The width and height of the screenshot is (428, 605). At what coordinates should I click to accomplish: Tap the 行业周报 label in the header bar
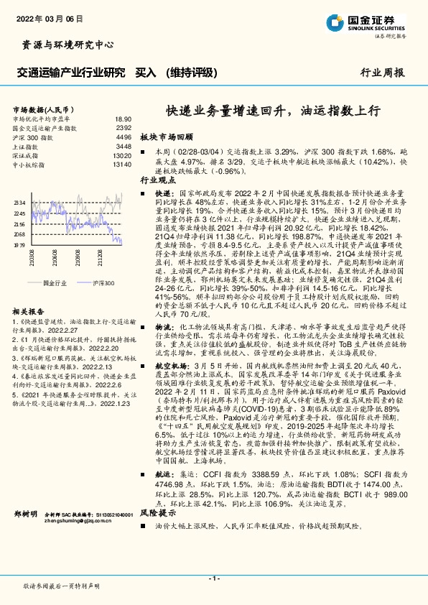(x=381, y=72)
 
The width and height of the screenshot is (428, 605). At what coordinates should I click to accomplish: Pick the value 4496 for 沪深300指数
(x=124, y=137)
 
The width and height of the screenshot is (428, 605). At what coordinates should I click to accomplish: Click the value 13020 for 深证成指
(x=122, y=155)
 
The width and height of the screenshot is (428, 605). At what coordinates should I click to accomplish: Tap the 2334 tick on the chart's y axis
(x=19, y=203)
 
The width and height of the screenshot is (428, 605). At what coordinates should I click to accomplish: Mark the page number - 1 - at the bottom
(x=214, y=578)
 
